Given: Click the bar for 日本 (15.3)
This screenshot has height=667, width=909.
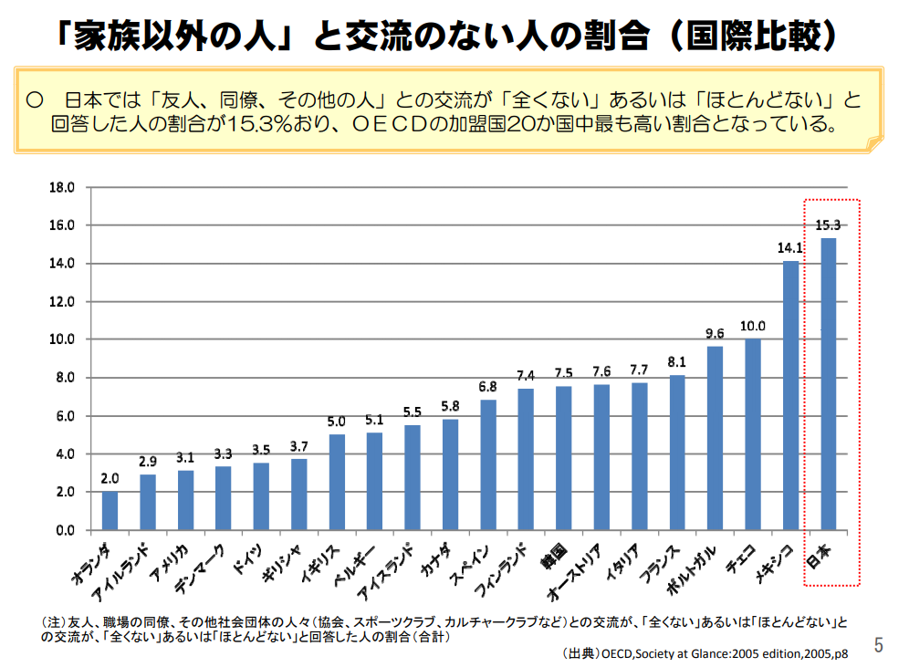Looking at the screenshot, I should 828,383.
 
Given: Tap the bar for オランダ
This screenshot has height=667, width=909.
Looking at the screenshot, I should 110,510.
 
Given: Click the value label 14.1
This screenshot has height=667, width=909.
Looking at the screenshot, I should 790,248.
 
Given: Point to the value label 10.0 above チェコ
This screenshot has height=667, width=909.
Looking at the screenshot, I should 753,326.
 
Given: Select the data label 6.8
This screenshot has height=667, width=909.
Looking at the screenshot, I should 488,387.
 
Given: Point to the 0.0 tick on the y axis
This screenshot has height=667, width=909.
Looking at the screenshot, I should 64,530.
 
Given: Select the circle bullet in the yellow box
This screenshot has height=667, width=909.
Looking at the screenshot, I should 37,99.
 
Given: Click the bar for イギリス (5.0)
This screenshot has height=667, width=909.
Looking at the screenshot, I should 337,482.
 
